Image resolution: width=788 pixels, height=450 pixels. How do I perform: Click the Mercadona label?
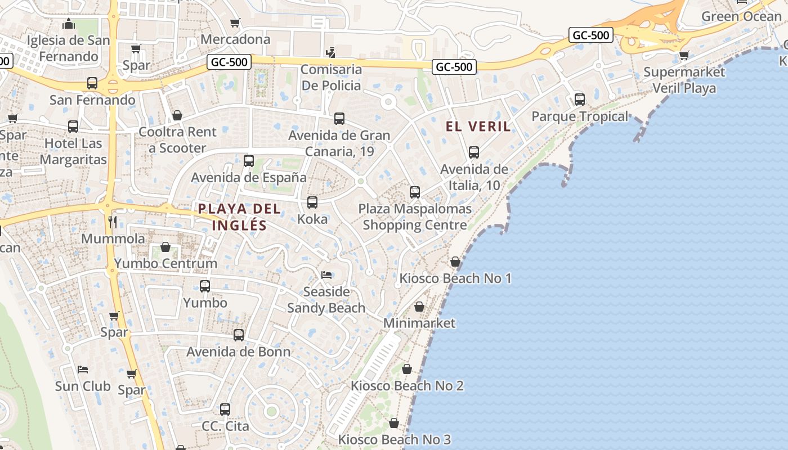(235, 39)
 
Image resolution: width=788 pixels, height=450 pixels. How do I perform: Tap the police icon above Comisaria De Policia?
(331, 53)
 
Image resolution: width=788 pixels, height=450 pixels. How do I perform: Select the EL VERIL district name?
(478, 126)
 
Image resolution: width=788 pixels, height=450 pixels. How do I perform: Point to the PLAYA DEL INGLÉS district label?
(239, 217)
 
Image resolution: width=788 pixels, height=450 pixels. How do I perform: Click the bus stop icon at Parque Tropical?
(580, 100)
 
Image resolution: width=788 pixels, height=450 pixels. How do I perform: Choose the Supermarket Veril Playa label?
(684, 80)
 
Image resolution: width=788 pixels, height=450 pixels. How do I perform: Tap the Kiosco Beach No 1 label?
(455, 278)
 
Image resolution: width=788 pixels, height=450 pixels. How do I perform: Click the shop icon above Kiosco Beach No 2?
(407, 369)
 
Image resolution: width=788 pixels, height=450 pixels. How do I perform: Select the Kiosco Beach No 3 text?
(394, 439)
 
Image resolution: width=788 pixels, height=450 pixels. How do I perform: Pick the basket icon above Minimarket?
(419, 307)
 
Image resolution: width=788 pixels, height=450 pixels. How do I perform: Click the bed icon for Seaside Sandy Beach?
(326, 275)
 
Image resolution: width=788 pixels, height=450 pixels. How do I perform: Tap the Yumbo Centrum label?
(165, 263)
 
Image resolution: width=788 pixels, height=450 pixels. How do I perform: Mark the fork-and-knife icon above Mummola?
(113, 222)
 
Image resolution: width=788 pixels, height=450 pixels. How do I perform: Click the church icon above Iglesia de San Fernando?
(69, 24)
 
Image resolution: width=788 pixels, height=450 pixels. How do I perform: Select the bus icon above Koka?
(312, 202)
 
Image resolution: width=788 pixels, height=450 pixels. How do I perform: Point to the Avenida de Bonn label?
(239, 352)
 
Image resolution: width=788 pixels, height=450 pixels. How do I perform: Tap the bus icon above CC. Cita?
(225, 409)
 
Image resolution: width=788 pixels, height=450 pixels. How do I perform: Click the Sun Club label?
(83, 386)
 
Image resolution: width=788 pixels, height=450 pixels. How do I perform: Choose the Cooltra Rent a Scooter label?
(177, 140)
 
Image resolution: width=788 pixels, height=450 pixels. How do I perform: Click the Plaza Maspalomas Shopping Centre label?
(415, 217)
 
